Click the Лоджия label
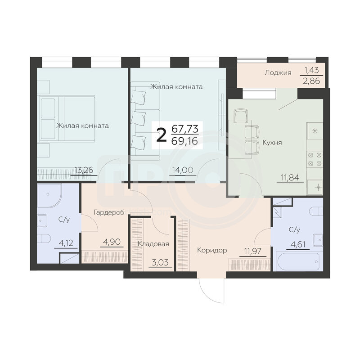278,73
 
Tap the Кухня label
272,143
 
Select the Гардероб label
109,212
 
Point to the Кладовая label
153,244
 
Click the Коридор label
212,250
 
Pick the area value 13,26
84,170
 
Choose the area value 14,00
183,170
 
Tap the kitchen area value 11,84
290,177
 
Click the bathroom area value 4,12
66,243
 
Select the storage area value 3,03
162,262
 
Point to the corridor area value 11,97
253,251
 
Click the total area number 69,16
184,141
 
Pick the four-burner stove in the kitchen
315,159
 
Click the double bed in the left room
67,119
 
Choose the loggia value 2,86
311,81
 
